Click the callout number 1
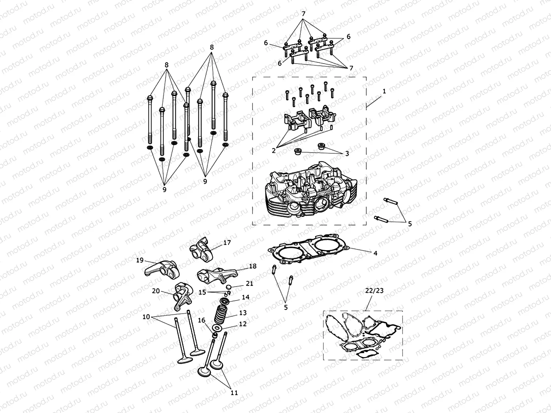384,91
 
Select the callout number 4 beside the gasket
375,253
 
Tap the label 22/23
375,291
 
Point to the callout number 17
227,242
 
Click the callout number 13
243,313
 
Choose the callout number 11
234,393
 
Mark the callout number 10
146,317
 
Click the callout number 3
347,154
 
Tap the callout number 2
274,150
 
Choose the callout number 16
202,321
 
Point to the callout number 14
246,297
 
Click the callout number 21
250,283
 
